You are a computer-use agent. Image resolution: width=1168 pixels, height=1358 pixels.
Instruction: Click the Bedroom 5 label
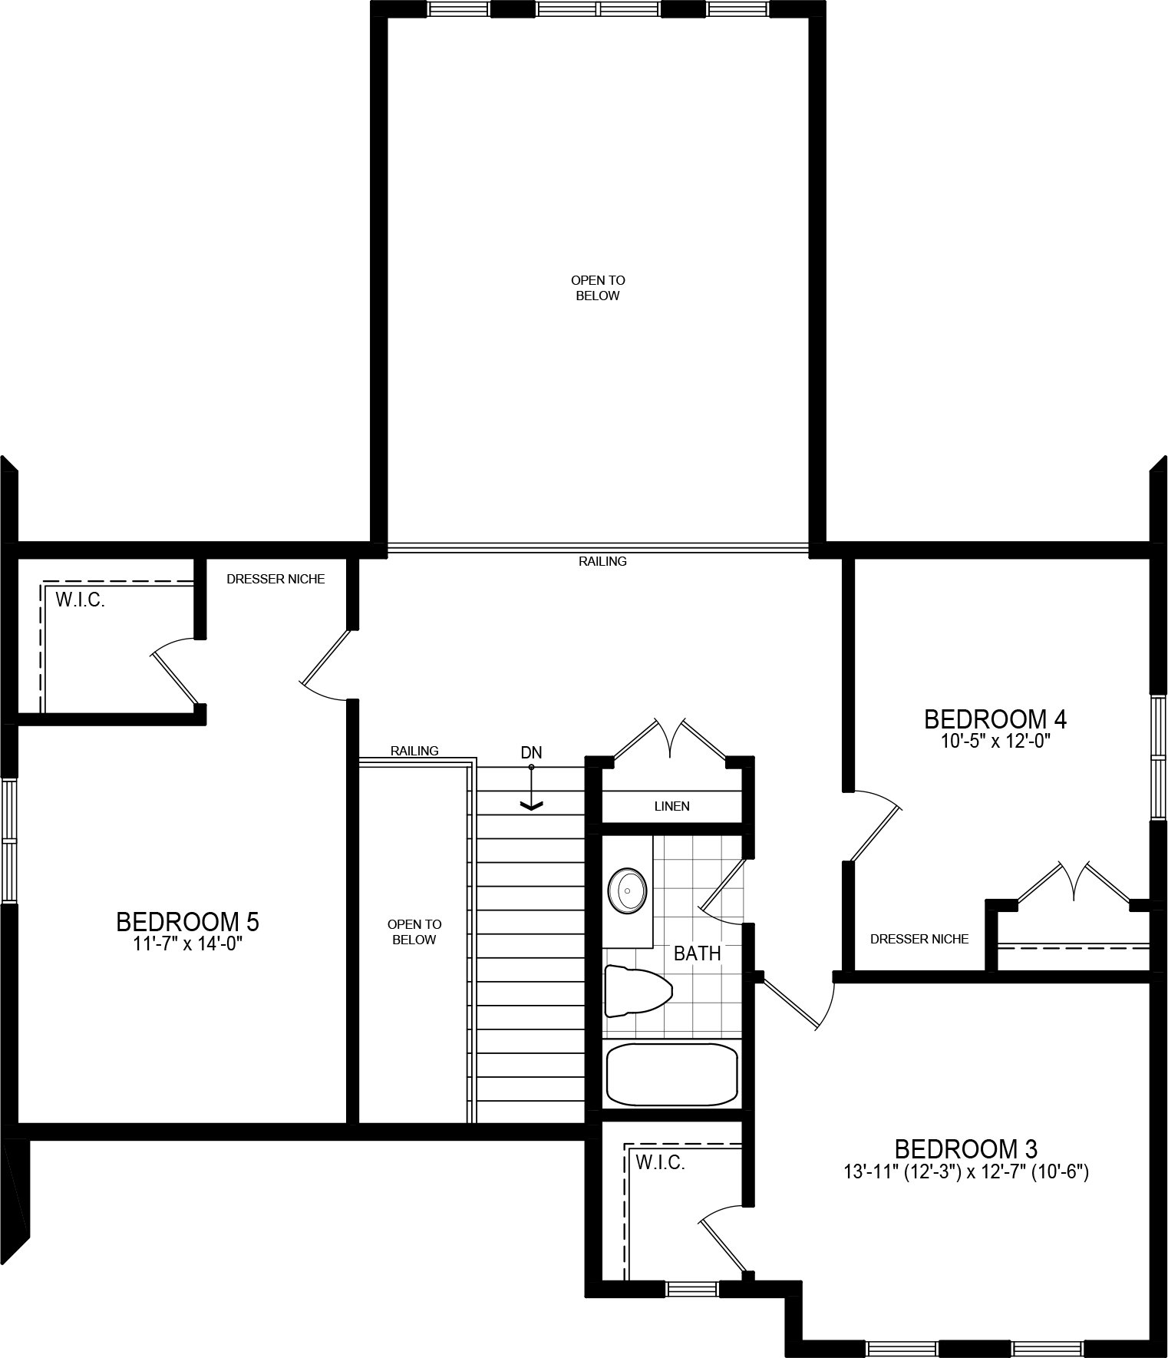click(x=187, y=921)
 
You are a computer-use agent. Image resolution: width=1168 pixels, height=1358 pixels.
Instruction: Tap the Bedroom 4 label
click(x=995, y=719)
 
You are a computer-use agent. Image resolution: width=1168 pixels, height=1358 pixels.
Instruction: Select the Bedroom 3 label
click(x=965, y=1149)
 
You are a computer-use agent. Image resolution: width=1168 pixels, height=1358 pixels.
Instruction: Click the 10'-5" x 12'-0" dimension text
click(x=995, y=742)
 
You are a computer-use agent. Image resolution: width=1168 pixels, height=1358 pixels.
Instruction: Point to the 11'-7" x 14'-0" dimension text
click(x=187, y=943)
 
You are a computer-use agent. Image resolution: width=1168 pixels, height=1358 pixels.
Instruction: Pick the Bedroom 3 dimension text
click(x=965, y=1172)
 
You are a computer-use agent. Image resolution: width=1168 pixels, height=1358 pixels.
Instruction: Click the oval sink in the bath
click(x=628, y=891)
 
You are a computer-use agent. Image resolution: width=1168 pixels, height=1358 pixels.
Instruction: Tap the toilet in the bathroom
click(x=637, y=991)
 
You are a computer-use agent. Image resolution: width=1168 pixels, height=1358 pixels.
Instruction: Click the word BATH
click(x=697, y=953)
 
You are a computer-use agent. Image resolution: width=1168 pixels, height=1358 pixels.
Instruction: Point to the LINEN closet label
click(x=671, y=806)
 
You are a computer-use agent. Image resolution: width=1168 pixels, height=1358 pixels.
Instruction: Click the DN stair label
click(x=531, y=753)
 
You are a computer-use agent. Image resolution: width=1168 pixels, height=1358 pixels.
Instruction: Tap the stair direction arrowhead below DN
click(x=531, y=805)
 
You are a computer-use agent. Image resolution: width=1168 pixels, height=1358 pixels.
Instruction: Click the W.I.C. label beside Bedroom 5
click(x=80, y=600)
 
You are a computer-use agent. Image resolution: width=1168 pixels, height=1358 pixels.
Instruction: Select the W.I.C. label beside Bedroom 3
click(x=660, y=1163)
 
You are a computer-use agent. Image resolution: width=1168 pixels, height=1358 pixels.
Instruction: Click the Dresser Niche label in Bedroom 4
click(x=919, y=939)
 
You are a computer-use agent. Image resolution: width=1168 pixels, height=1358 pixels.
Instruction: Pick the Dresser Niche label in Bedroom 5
click(x=276, y=579)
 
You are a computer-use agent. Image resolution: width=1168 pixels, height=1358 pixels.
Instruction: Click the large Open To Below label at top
click(x=598, y=288)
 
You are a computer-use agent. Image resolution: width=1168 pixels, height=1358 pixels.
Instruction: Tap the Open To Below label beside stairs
click(x=414, y=932)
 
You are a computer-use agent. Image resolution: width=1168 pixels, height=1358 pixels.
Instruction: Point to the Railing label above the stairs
click(x=414, y=751)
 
